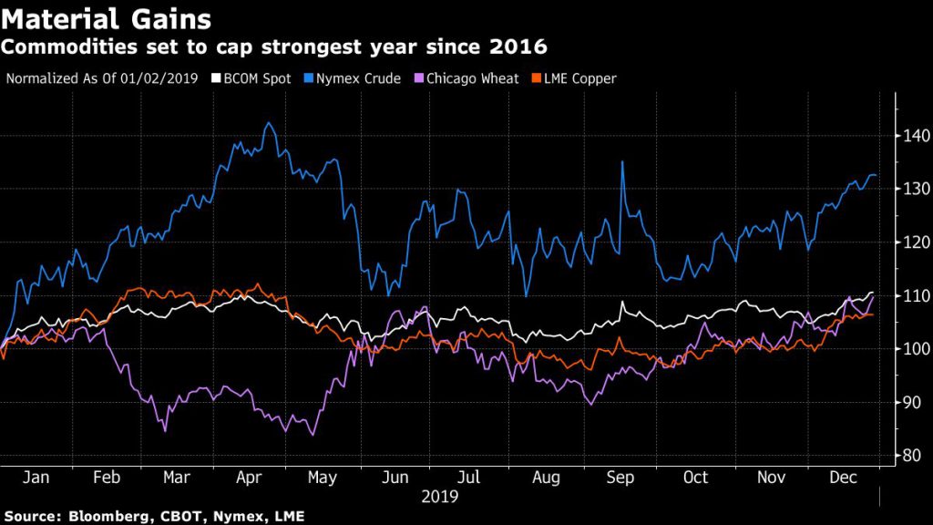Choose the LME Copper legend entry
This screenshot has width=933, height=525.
(x=569, y=78)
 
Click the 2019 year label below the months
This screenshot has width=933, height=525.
(x=439, y=497)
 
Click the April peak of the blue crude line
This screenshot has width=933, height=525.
(x=268, y=123)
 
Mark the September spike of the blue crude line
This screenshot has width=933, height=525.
(x=622, y=162)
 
